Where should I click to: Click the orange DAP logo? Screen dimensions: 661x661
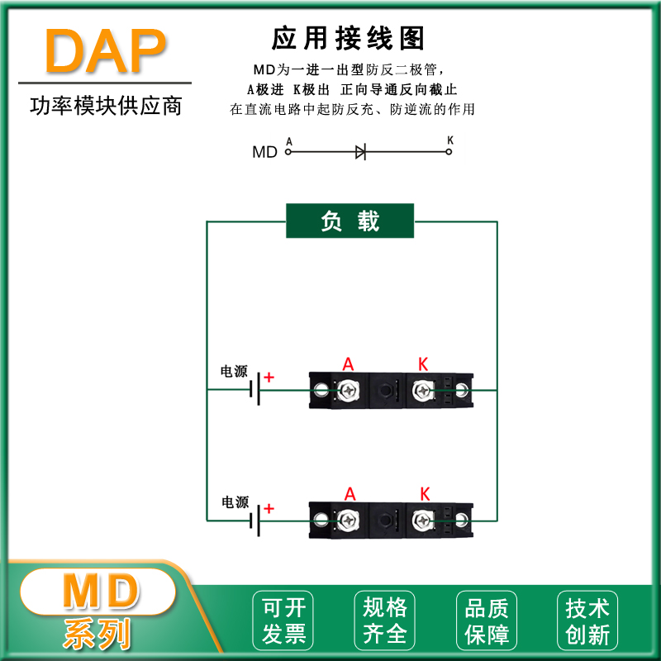coord(105,52)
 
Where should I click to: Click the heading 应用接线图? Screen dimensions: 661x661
coord(348,38)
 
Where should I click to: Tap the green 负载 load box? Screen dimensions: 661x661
coord(350,221)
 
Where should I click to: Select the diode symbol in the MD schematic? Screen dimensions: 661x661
coord(361,151)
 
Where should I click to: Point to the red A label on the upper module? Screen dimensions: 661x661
coord(348,364)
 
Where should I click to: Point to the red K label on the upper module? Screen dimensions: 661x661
coord(423,364)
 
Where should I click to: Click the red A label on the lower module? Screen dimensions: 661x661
coord(350,494)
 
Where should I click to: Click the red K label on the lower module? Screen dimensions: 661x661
coord(425,494)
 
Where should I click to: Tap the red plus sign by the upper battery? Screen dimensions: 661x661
coord(269,378)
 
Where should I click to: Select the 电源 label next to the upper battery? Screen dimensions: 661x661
coord(234,372)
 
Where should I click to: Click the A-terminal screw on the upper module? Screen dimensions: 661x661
coord(349,389)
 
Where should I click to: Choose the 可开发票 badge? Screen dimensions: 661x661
coord(283,621)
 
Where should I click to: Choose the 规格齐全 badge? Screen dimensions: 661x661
coord(385,621)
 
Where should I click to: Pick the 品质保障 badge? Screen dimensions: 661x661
coord(487,621)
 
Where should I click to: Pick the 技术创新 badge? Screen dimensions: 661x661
coord(587,621)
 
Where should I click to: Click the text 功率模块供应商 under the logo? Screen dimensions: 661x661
coord(105,107)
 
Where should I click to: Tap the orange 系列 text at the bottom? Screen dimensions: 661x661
coord(97,634)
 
